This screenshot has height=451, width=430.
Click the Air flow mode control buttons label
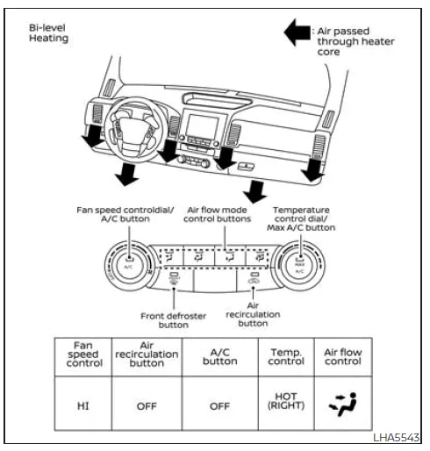(x=216, y=215)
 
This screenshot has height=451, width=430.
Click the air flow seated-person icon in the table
(x=343, y=404)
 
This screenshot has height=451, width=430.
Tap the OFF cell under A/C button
(x=219, y=404)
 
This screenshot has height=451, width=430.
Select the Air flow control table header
(x=343, y=356)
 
